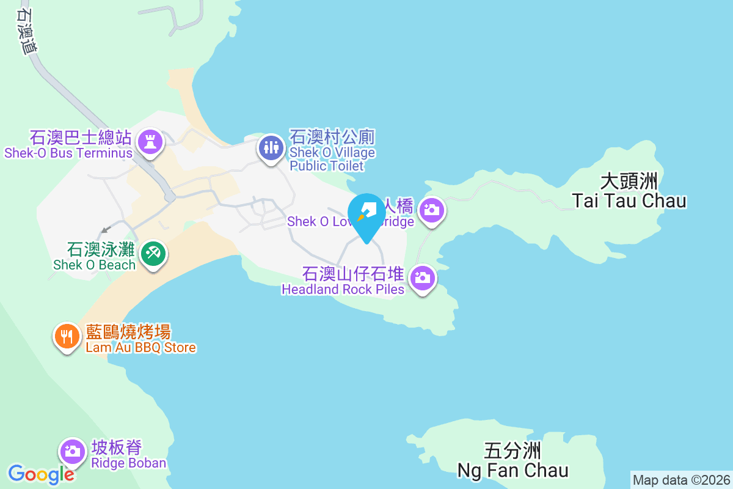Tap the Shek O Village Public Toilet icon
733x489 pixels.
[x=269, y=147]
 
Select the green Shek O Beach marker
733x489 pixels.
[x=153, y=252]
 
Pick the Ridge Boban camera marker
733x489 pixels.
[x=72, y=451]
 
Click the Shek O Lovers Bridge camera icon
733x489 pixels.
[x=432, y=210]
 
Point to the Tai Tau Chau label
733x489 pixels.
[x=629, y=200]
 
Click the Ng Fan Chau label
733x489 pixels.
[x=513, y=470]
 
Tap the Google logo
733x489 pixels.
[x=40, y=474]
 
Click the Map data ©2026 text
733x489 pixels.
[x=681, y=480]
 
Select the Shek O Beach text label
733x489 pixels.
[x=94, y=265]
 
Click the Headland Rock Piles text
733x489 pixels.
[x=343, y=289]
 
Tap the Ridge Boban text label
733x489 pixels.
[x=128, y=463]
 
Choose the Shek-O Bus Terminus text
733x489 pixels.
[x=68, y=153]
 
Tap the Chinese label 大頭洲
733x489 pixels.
[x=629, y=182]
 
